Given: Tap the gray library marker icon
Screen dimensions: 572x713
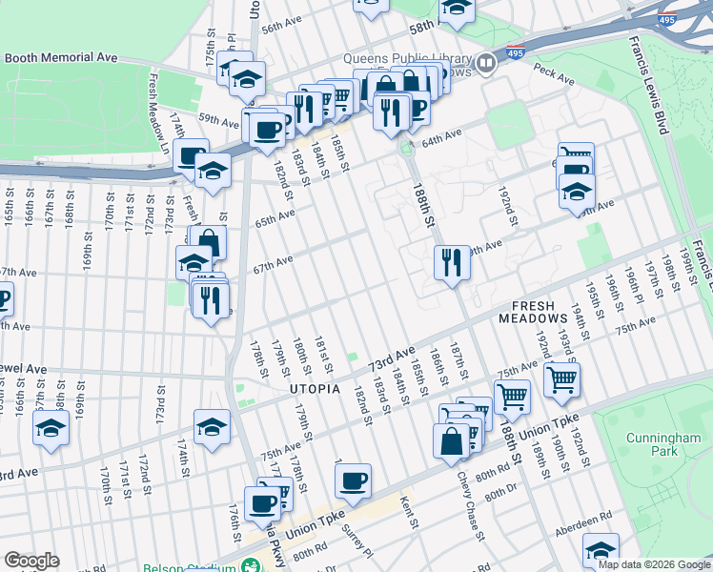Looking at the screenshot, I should click(x=487, y=64).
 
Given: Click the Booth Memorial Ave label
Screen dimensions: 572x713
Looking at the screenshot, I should click(x=61, y=57).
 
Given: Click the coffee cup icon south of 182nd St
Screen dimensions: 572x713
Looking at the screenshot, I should click(x=353, y=480).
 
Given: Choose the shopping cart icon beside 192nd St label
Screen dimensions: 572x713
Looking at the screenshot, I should click(x=562, y=379).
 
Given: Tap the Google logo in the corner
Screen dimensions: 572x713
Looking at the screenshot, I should click(x=31, y=560).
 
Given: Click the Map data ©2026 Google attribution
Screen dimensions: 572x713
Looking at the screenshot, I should click(x=654, y=564).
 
